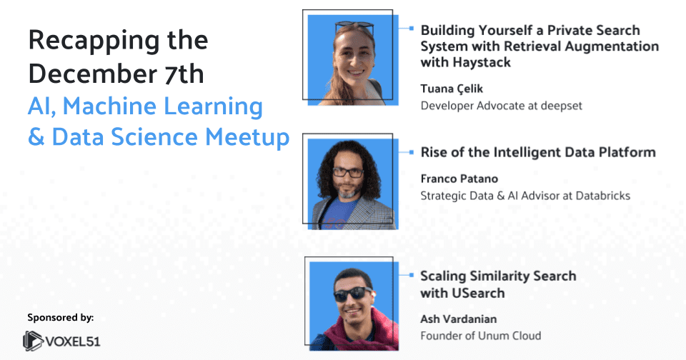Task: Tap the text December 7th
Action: click(x=116, y=74)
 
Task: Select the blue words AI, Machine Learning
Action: click(x=145, y=107)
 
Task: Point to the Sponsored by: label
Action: click(x=61, y=316)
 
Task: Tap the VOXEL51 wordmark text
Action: click(x=75, y=341)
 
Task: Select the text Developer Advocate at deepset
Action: click(x=501, y=106)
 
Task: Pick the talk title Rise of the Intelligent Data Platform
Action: click(x=537, y=152)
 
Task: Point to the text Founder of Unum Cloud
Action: click(x=480, y=336)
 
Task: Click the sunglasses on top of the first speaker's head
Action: click(x=355, y=28)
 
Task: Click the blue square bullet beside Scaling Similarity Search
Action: click(x=412, y=274)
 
